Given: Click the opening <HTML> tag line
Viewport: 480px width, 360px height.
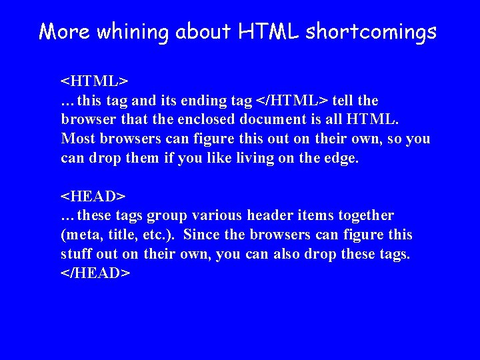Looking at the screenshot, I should pyautogui.click(x=94, y=81).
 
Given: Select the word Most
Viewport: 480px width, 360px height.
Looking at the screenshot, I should pyautogui.click(x=77, y=139).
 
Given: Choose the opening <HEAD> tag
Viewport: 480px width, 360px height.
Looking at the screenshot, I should pyautogui.click(x=93, y=196).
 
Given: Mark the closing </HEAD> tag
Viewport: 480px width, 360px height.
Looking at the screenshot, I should pyautogui.click(x=96, y=273).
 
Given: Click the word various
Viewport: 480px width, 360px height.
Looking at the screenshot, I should pyautogui.click(x=217, y=215).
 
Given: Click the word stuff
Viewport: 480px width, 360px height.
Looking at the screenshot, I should pyautogui.click(x=77, y=254).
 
